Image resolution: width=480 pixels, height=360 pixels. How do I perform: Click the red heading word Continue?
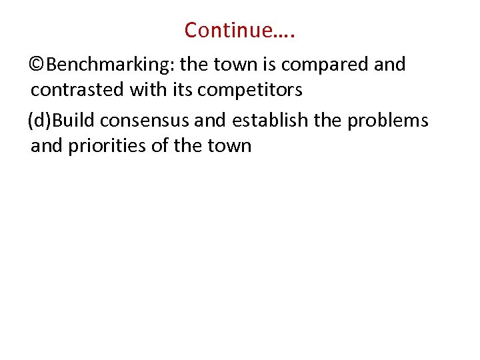point(229,30)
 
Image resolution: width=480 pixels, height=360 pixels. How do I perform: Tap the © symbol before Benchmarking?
point(38,65)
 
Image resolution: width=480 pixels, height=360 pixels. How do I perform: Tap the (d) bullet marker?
point(39,121)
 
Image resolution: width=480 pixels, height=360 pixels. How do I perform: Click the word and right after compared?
point(390,65)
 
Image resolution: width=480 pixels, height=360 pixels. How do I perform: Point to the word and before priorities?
point(46,145)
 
